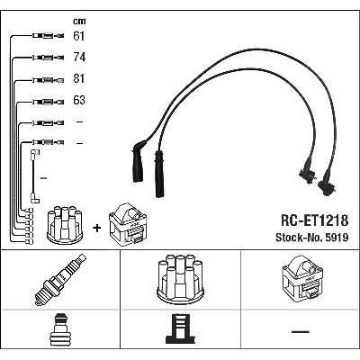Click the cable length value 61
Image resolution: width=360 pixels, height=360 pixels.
[x=78, y=36]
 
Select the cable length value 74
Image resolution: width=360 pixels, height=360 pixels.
[x=79, y=57]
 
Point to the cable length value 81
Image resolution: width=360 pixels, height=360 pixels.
[x=79, y=78]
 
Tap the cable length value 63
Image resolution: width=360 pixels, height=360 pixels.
[x=79, y=100]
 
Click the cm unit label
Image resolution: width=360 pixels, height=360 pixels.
[x=79, y=21]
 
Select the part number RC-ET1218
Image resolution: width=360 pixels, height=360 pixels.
[x=314, y=220]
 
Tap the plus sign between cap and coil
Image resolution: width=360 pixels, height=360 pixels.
[x=97, y=229]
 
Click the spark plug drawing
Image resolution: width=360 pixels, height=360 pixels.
[x=60, y=280]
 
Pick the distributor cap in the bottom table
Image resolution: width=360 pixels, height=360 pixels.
[x=180, y=279]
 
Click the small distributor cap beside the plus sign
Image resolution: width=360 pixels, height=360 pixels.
[x=65, y=224]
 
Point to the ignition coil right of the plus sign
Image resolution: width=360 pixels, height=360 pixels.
[x=128, y=225]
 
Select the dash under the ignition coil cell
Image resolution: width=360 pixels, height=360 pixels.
[x=301, y=332]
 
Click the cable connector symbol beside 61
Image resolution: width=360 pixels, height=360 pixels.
[x=48, y=36]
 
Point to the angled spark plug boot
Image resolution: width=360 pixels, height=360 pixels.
[x=138, y=161]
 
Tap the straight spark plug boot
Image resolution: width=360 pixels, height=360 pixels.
[x=158, y=174]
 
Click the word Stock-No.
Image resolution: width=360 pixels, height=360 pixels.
[x=299, y=238]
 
